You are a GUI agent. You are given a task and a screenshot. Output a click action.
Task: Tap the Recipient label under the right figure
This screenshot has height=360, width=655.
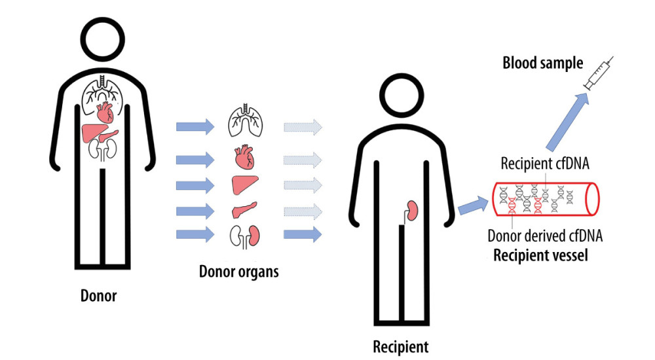point(400,346)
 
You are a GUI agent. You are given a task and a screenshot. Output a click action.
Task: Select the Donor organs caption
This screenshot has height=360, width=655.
point(238,271)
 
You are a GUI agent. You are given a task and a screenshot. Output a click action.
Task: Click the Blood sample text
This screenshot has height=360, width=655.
point(542,63)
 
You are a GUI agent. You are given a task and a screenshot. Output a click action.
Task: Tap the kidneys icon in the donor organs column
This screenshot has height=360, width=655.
point(246,234)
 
